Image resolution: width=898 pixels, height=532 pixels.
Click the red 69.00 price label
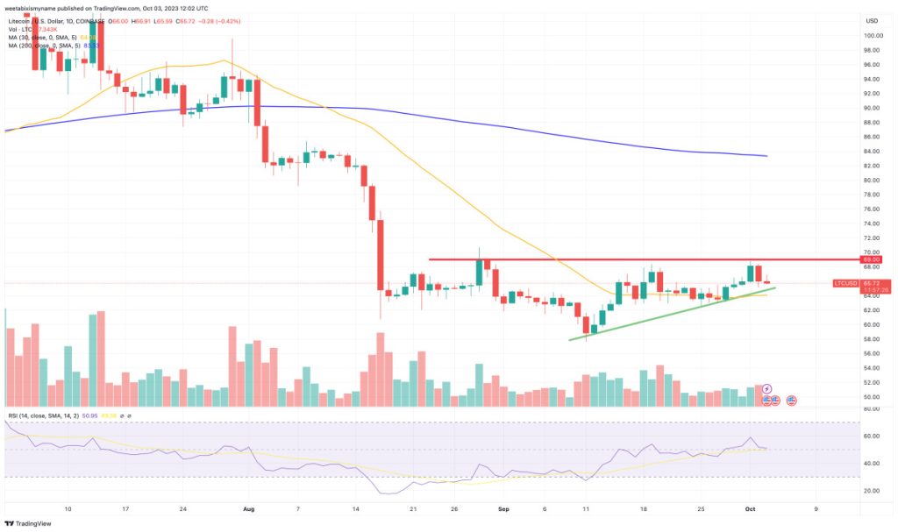[871, 259]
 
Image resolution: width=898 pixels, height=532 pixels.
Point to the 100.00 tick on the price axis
[871, 36]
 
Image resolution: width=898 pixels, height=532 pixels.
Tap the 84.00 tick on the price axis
[871, 151]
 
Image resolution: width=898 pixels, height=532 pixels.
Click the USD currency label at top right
[871, 20]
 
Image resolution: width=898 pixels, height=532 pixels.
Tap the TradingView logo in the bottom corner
[31, 522]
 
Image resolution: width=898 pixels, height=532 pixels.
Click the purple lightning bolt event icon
[766, 388]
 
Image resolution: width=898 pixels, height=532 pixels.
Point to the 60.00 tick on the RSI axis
[871, 436]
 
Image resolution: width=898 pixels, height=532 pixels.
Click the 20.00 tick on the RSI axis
[871, 491]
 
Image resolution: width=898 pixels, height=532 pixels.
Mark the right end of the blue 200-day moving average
[767, 156]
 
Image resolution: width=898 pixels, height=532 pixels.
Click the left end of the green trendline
[569, 339]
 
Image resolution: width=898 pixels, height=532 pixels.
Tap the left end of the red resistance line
[430, 259]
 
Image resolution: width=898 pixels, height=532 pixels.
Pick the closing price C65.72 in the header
[164, 20]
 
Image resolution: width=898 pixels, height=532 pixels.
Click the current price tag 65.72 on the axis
[871, 284]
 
